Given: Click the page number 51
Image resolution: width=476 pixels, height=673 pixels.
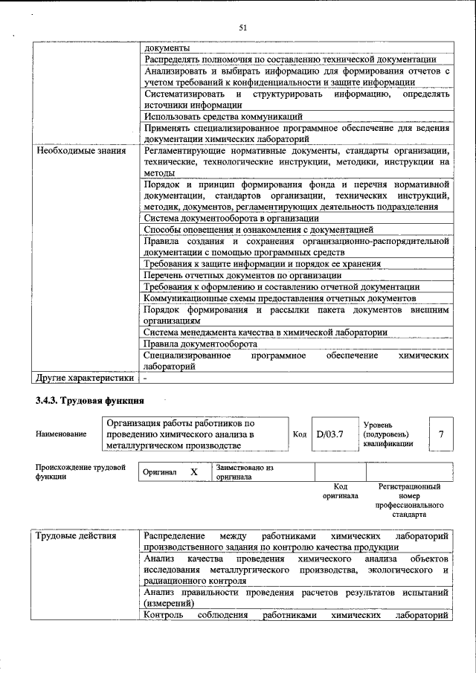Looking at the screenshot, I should [x=242, y=28].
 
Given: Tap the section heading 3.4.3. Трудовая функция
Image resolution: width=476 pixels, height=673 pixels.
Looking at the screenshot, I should [x=89, y=402].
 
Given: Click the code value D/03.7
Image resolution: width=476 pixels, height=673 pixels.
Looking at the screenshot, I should [x=329, y=434].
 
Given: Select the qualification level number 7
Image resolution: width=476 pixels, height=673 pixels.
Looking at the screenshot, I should [x=442, y=434].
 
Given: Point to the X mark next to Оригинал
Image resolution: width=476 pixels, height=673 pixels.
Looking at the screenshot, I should [x=194, y=472].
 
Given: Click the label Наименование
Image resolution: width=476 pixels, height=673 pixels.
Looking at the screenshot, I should [x=60, y=434].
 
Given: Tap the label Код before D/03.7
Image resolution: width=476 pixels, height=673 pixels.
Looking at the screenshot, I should [x=300, y=434].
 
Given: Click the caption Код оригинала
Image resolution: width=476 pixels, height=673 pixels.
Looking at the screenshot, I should [x=340, y=491].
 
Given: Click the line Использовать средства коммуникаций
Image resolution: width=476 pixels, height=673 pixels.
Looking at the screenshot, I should [x=223, y=117].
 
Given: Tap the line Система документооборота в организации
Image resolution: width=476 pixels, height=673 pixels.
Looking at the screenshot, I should [x=231, y=219].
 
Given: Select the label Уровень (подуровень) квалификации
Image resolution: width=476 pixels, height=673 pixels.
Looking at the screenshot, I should [x=386, y=434].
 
